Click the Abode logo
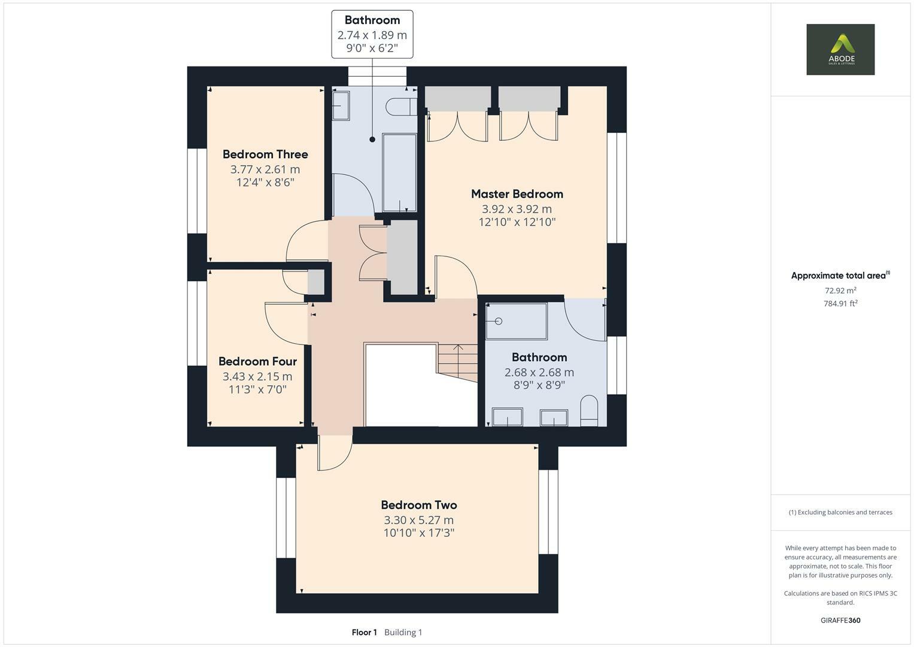tap(840, 49)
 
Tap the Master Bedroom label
tap(517, 194)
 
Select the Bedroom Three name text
tap(265, 155)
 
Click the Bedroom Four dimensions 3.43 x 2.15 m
tap(257, 377)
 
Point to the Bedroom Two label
tap(419, 505)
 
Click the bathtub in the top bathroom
tap(399, 173)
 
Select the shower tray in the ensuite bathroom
tap(516, 321)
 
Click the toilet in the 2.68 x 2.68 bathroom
tap(589, 410)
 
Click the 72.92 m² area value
tap(840, 291)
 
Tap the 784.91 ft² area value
tap(840, 304)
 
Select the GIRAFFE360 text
tap(840, 621)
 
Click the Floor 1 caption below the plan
tap(364, 633)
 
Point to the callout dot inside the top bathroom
tap(372, 140)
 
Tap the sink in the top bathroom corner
tap(341, 105)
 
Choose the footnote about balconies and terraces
tap(840, 512)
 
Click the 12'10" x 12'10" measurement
tap(517, 222)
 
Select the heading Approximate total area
tap(839, 276)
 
